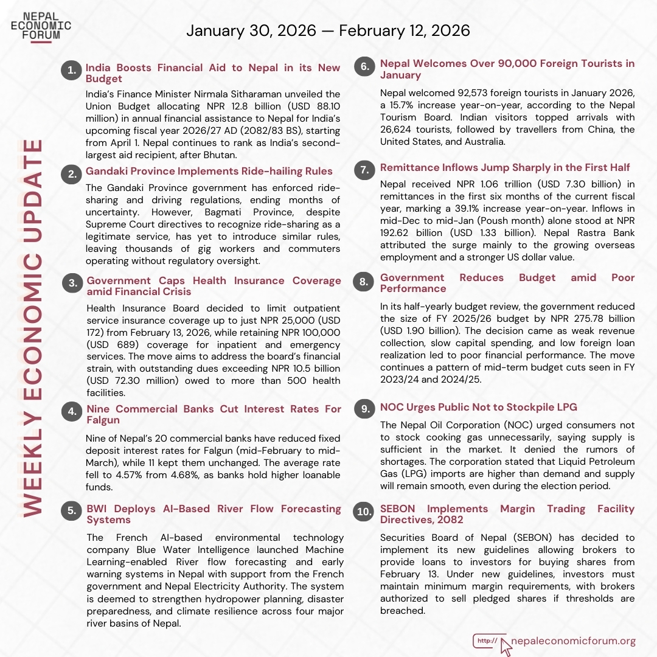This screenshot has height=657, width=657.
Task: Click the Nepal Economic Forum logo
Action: pos(41,26)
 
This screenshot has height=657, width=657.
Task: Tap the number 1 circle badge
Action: pos(72,71)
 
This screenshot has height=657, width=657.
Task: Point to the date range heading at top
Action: pos(328,30)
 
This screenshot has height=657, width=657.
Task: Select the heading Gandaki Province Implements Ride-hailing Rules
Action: pos(209,171)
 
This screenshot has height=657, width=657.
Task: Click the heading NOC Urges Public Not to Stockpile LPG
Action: pos(478,408)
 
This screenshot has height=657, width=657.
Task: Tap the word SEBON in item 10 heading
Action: pos(401,509)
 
